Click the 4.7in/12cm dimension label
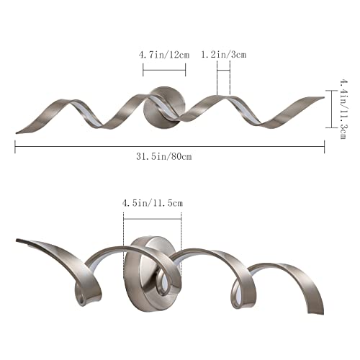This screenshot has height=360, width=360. point(164,55)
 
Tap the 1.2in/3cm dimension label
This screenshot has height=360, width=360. point(223,55)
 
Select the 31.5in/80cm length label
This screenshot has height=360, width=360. point(164,156)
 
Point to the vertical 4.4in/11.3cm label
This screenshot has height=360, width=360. point(343,109)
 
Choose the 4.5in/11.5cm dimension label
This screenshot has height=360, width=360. point(153,203)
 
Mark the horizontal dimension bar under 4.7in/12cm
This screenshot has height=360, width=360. point(164,70)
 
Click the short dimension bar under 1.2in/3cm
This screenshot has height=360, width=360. point(223,70)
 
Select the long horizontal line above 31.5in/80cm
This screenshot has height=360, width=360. point(170,146)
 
